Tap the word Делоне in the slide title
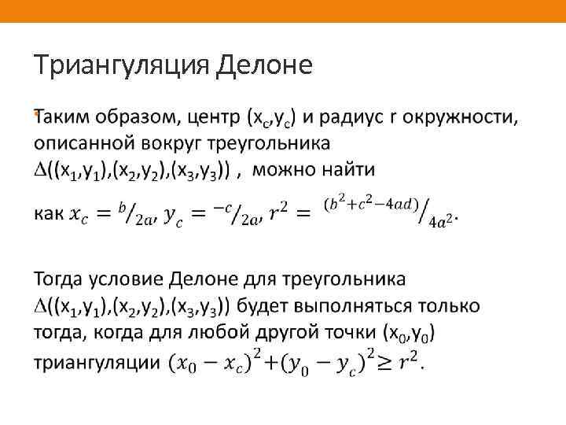tap(263, 65)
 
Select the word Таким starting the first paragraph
tap(64, 119)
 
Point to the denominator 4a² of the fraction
tap(441, 222)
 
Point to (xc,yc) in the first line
tap(272, 119)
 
